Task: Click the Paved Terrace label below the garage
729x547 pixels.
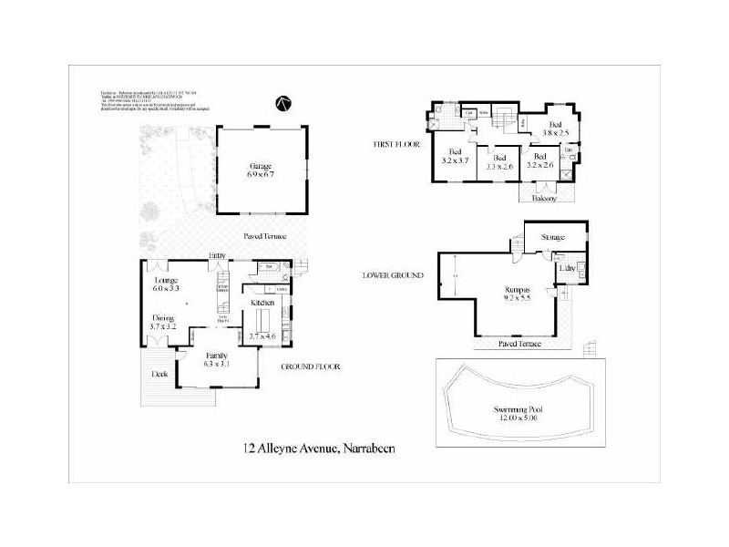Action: (265, 236)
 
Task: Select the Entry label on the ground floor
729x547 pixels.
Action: (217, 255)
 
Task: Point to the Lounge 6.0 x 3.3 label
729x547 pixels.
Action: (166, 284)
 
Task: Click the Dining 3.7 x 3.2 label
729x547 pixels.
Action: (164, 323)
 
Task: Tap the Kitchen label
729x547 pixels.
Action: (262, 301)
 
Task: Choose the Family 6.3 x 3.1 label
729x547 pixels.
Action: (216, 360)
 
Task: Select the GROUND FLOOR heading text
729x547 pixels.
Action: (310, 366)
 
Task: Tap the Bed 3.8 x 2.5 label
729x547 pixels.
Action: (554, 128)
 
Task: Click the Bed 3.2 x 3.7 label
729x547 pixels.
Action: (454, 156)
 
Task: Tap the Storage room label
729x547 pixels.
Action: (552, 237)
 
